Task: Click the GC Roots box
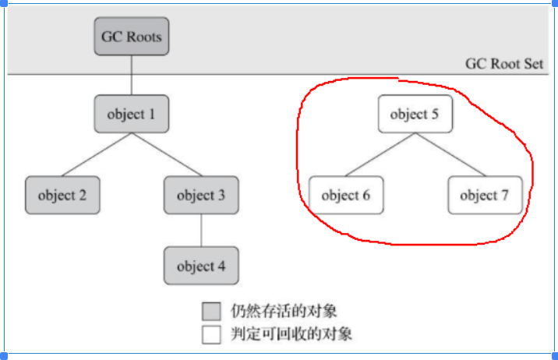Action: pos(132,36)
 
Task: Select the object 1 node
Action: pos(132,114)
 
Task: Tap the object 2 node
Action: pos(62,195)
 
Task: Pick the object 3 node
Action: pos(201,195)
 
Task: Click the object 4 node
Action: pos(201,266)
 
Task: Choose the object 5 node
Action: pos(415,114)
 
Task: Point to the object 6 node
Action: pos(346,195)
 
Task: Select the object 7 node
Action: pos(484,195)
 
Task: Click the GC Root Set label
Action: pos(504,64)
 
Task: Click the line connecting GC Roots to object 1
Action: pos(132,75)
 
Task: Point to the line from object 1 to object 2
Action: pos(97,154)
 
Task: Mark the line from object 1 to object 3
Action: pos(166,154)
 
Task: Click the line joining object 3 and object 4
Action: pos(201,230)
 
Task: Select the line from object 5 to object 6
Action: pos(380,154)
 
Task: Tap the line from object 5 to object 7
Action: pos(450,154)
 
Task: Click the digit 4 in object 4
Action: pos(221,266)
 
